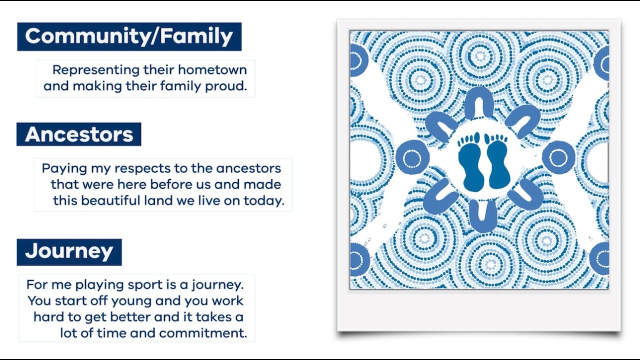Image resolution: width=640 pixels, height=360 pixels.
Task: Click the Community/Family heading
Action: tap(129, 36)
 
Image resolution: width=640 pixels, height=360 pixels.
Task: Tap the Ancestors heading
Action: tap(79, 134)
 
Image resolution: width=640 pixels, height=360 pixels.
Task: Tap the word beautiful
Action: tap(115, 201)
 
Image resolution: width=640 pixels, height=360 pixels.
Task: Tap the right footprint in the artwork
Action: tap(497, 161)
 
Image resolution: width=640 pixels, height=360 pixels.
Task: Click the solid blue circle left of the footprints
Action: tap(412, 157)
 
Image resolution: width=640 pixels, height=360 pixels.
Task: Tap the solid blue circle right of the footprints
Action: tap(558, 157)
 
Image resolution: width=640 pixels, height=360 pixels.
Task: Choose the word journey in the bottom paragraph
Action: tap(220, 285)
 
